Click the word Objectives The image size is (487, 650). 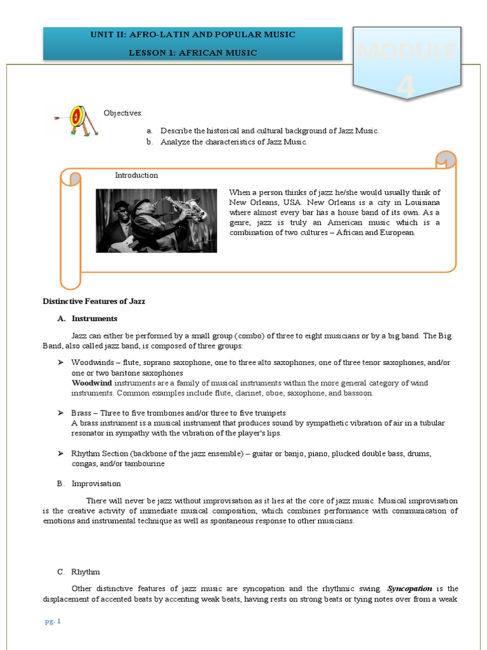pyautogui.click(x=124, y=113)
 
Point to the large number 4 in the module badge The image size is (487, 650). pyautogui.click(x=406, y=87)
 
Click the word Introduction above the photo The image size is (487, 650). pyautogui.click(x=136, y=175)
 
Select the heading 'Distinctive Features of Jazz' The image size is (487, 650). pyautogui.click(x=94, y=301)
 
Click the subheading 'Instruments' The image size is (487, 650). pyautogui.click(x=94, y=319)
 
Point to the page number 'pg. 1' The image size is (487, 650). pyautogui.click(x=53, y=621)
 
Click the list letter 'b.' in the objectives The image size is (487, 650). pyautogui.click(x=150, y=142)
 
